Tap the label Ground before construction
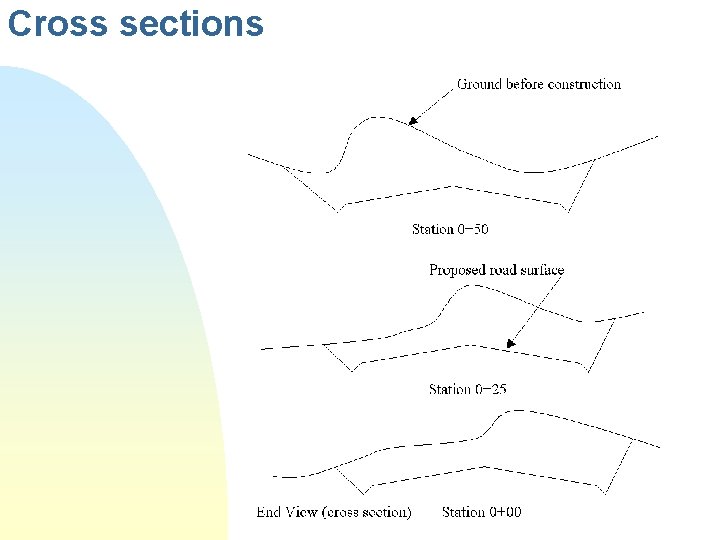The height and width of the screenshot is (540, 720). click(539, 84)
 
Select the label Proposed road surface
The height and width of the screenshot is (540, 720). click(496, 270)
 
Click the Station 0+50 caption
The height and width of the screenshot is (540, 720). click(450, 229)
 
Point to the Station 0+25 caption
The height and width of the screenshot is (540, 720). click(467, 389)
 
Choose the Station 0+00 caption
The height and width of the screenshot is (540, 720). click(481, 512)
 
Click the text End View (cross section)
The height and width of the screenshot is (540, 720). click(333, 512)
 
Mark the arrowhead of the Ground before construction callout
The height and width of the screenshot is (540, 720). click(411, 123)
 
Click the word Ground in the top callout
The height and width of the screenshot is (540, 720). click(480, 84)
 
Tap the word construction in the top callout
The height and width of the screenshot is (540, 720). click(583, 84)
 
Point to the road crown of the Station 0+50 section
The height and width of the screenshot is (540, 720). click(455, 186)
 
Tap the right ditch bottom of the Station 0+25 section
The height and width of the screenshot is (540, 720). click(589, 371)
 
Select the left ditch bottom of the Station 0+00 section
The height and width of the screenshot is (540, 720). click(363, 492)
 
